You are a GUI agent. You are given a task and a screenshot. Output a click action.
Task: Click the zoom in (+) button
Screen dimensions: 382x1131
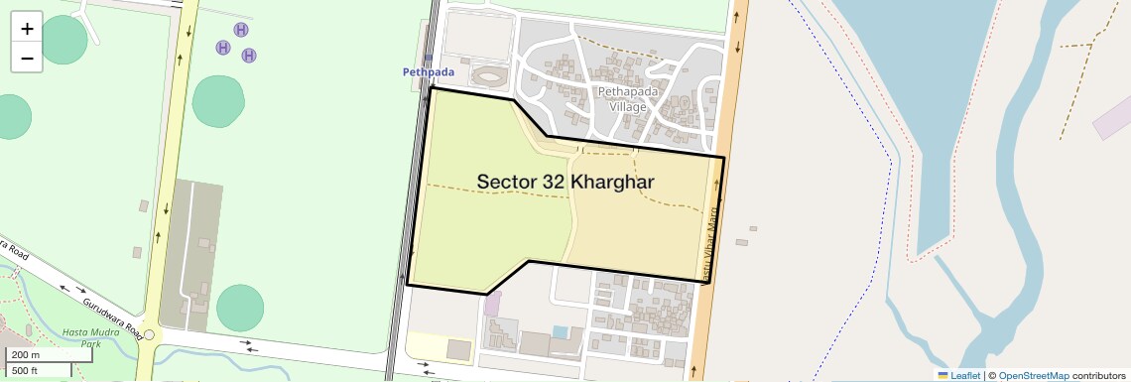[27, 29]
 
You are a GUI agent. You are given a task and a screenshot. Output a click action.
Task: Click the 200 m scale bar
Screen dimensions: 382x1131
[39, 355]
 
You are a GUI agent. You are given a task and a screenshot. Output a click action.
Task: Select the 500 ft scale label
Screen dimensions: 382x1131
[25, 371]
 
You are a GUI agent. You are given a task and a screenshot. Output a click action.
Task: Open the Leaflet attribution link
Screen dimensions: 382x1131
[958, 375]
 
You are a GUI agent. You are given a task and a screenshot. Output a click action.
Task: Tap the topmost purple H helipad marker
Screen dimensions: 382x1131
[241, 30]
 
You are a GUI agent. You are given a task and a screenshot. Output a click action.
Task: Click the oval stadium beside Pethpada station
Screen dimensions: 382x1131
[488, 75]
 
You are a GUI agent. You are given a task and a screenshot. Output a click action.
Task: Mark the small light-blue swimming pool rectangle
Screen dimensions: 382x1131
[562, 330]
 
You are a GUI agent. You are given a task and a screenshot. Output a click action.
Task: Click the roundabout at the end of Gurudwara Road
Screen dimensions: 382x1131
[149, 335]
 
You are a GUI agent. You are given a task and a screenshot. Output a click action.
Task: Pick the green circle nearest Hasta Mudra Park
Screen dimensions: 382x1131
[240, 308]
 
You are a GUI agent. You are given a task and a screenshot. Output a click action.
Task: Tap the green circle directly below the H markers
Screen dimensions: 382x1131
[218, 100]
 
